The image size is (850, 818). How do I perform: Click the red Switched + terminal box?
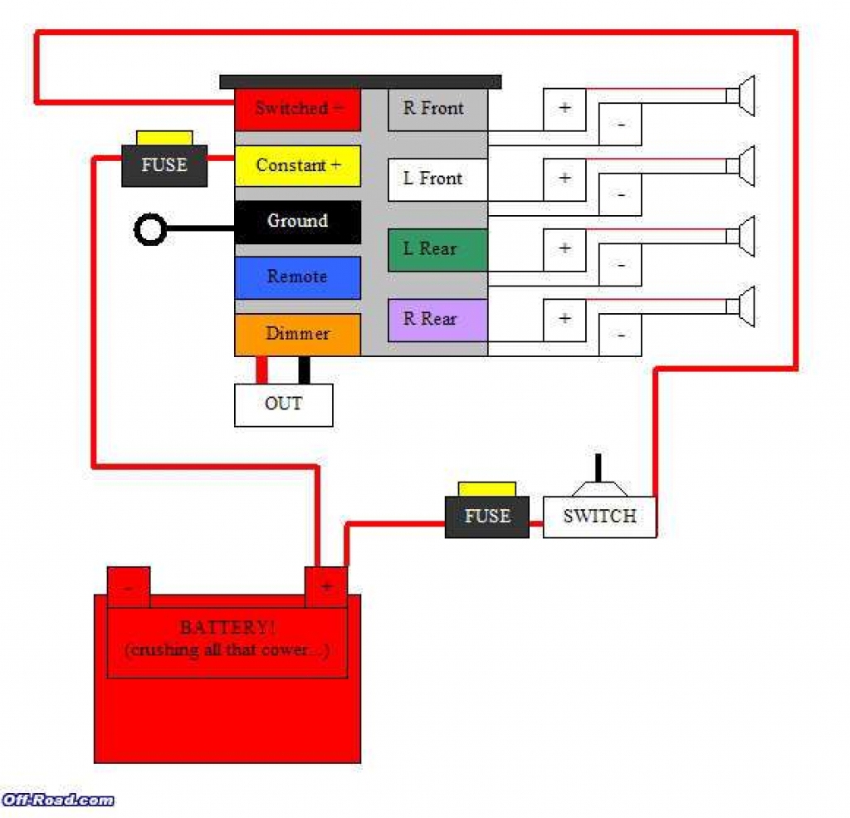297,110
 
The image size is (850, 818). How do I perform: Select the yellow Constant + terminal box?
297,166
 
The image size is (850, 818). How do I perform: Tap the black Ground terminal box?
297,222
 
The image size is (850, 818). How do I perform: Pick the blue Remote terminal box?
297,277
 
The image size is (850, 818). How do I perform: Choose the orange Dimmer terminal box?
297,334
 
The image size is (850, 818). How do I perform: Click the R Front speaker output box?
437,109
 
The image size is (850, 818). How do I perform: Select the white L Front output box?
437,179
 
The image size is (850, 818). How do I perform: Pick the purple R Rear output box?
437,320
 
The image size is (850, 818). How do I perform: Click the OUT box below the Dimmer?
283,404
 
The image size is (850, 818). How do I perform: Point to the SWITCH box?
599,517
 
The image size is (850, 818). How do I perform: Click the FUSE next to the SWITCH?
486,516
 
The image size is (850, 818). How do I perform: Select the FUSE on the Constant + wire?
164,164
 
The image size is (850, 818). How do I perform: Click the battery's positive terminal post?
326,586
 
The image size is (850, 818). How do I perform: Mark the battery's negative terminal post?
129,586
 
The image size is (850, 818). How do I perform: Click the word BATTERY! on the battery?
227,628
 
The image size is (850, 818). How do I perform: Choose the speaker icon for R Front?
745,96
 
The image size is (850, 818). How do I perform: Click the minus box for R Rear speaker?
621,336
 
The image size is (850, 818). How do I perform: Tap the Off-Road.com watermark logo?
57,800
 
